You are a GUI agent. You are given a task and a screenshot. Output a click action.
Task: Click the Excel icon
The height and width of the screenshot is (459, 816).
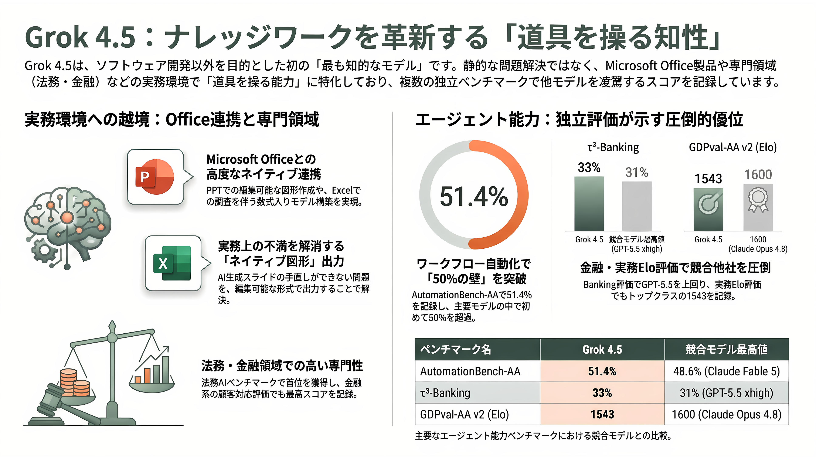[x=172, y=263]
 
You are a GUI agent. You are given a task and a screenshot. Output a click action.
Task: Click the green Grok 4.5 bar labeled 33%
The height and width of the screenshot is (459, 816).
[x=589, y=204]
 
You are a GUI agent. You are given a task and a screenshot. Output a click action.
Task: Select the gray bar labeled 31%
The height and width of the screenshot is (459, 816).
[x=637, y=206]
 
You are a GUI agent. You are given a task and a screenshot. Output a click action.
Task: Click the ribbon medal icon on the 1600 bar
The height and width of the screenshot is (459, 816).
[x=758, y=200]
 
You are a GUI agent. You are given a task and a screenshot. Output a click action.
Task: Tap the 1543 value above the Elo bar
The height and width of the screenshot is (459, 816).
[x=708, y=179]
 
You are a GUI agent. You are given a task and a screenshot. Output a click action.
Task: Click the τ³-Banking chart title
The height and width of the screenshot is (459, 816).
[x=613, y=147]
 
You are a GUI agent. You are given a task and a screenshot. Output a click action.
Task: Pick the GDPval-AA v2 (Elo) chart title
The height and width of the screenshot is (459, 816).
[x=733, y=147]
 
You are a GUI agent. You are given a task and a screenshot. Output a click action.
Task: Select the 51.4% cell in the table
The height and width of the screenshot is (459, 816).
[x=602, y=371]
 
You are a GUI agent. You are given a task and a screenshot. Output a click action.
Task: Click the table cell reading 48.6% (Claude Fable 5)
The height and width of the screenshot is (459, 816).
[x=726, y=371]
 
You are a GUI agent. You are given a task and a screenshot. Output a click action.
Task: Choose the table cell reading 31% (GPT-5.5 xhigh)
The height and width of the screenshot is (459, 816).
[x=726, y=393]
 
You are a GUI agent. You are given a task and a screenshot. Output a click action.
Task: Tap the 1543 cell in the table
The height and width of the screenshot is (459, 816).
[x=602, y=414]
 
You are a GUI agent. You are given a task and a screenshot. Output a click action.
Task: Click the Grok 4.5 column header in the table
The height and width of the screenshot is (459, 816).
[x=602, y=349]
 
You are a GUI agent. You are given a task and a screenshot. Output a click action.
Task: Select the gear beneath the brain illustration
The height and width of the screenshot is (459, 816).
[x=44, y=251]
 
